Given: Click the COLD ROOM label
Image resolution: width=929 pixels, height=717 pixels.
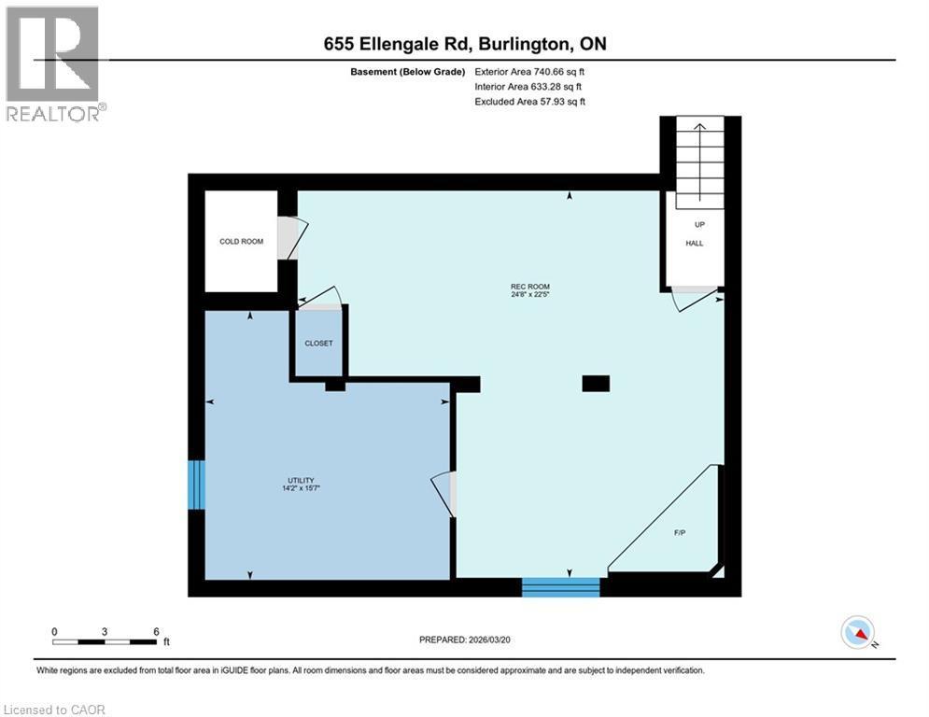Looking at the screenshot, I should (x=241, y=242).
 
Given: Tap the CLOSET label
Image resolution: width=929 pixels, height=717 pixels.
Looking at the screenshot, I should (x=318, y=344).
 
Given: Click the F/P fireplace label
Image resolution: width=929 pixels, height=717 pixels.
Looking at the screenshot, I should (x=680, y=532).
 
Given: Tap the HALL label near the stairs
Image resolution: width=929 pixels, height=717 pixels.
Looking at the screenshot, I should (x=695, y=244).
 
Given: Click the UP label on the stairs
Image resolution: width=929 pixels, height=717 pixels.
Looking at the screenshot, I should (x=699, y=225).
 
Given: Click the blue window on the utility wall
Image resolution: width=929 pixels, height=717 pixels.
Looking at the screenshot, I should (x=196, y=485).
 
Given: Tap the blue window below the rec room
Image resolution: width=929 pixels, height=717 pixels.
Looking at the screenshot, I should (x=560, y=587).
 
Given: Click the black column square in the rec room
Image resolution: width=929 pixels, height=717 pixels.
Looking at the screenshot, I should (x=596, y=383).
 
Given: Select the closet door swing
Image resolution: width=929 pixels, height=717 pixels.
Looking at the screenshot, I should (x=322, y=296).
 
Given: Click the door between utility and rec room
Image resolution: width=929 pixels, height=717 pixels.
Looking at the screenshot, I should (x=443, y=493).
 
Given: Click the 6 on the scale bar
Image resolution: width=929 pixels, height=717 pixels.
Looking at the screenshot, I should (x=155, y=631).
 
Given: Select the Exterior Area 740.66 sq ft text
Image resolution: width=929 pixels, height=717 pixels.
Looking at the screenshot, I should (x=530, y=71).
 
